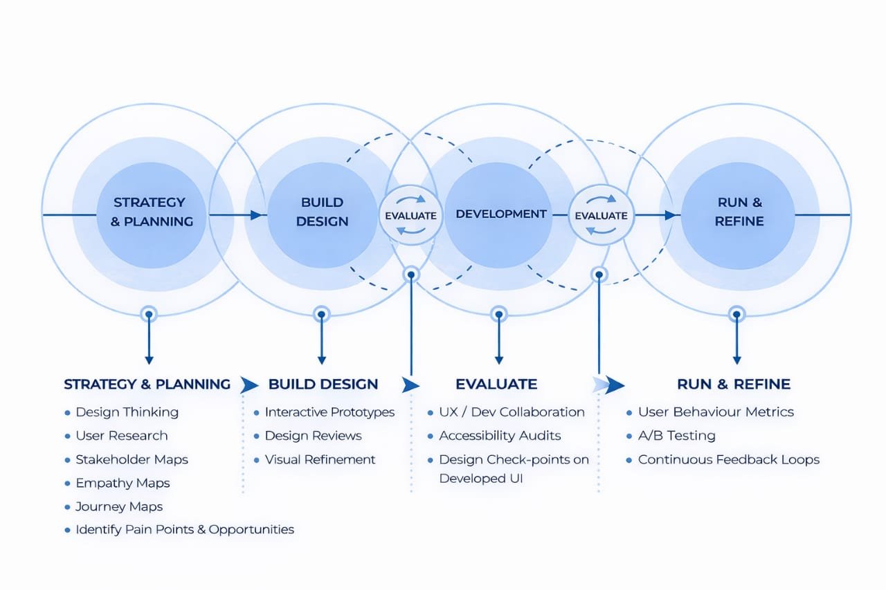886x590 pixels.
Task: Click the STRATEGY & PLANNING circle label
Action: click(150, 212)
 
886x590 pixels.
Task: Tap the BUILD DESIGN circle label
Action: click(322, 212)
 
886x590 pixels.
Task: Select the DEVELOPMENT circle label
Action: click(501, 214)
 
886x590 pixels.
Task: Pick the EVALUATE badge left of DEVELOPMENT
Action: click(410, 215)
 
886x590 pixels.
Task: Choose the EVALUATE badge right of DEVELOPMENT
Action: click(601, 215)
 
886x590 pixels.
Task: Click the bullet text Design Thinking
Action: click(127, 412)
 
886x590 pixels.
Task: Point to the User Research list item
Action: click(121, 436)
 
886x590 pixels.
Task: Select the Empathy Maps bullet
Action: click(123, 483)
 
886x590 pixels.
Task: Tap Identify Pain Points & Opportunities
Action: click(184, 529)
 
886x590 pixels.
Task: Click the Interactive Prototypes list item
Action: click(329, 412)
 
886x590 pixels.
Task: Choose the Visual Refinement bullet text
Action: click(320, 459)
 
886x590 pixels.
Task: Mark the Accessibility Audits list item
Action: click(500, 436)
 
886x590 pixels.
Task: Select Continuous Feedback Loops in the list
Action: click(728, 459)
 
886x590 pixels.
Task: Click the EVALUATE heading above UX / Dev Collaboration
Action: click(496, 384)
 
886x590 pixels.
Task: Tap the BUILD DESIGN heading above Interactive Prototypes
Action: click(323, 384)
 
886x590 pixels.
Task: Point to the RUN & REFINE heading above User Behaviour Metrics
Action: click(733, 384)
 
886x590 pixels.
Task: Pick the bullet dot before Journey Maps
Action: click(67, 506)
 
